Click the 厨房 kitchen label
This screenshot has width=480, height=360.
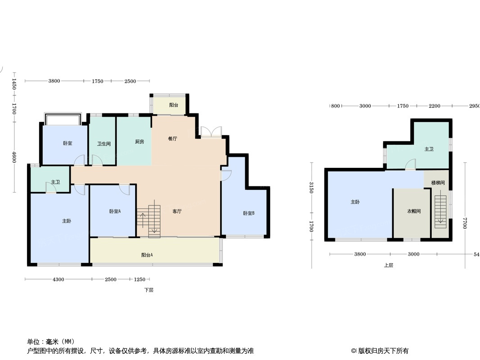(x=140, y=142)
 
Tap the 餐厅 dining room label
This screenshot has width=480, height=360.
(x=172, y=139)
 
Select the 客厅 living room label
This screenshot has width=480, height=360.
(x=177, y=211)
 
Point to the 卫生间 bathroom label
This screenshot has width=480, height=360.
(x=104, y=144)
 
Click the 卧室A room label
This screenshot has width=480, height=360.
(x=115, y=211)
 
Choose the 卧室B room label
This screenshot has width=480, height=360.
(x=249, y=213)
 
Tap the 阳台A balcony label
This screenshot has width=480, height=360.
(x=147, y=255)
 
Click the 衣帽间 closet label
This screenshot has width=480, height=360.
(x=414, y=211)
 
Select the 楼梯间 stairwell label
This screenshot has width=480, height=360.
(x=438, y=183)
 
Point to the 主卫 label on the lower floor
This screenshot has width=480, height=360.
(x=55, y=182)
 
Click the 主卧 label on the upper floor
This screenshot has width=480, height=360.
(x=355, y=202)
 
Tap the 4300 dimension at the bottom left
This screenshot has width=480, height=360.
(x=59, y=279)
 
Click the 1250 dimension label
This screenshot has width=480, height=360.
(x=140, y=279)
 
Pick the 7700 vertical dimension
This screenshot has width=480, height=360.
(x=465, y=223)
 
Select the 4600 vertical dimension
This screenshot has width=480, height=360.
(x=14, y=157)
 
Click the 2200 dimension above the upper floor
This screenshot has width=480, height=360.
(x=435, y=106)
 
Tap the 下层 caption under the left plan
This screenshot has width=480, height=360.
(x=149, y=290)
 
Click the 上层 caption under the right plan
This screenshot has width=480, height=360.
(x=389, y=265)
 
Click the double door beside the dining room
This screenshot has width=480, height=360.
(x=211, y=132)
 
